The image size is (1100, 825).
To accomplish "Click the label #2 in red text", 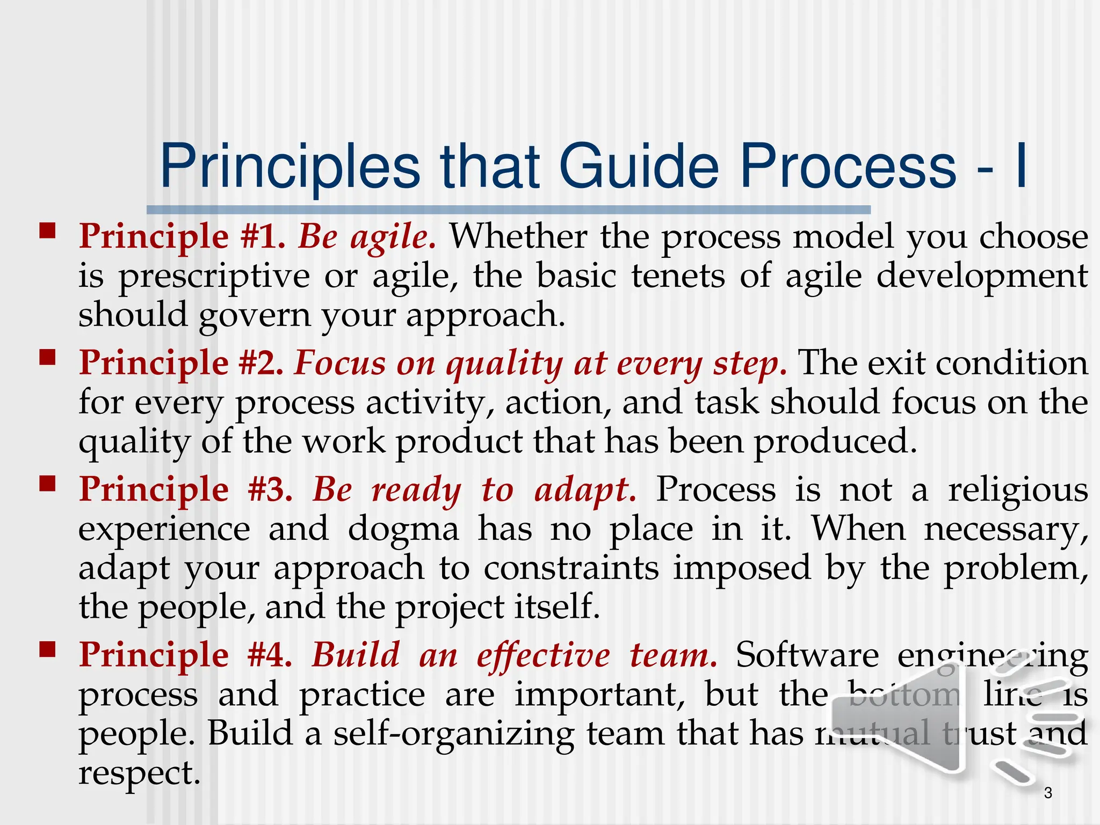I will tap(261, 363).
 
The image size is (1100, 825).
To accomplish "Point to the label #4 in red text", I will tap(270, 655).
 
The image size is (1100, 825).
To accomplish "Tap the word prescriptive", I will tap(214, 277).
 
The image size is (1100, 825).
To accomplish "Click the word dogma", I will tap(403, 529).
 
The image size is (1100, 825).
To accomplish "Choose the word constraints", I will tap(571, 568).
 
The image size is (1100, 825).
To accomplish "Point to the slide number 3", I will tap(1048, 793).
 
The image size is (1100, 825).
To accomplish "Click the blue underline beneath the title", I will tap(508, 210).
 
